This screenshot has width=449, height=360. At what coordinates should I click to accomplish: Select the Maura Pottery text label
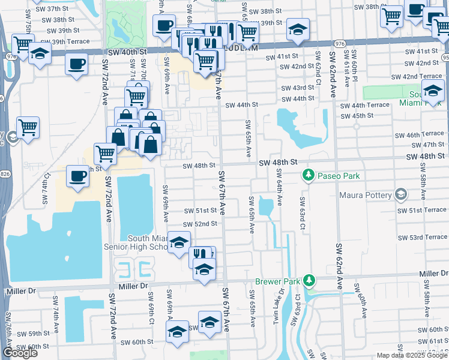366,195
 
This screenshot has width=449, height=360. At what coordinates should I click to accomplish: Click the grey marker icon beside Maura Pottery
400,195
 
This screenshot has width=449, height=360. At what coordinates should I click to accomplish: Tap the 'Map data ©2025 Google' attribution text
412,355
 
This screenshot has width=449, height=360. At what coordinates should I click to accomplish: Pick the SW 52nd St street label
200,224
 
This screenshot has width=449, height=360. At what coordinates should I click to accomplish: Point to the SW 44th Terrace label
364,105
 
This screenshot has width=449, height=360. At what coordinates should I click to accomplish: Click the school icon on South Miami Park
432,91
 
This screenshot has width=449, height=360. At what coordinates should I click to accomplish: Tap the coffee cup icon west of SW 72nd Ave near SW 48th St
77,176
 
